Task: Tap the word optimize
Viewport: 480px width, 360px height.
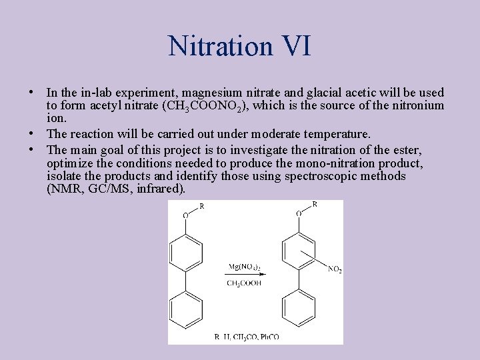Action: pyautogui.click(x=69, y=163)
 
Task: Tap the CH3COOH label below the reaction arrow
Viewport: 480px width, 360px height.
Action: pyautogui.click(x=244, y=283)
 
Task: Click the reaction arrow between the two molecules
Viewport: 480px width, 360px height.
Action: pyautogui.click(x=245, y=275)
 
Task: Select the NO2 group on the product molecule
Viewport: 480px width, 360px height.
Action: pyautogui.click(x=335, y=269)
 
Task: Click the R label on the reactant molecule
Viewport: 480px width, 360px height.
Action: pyautogui.click(x=201, y=206)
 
